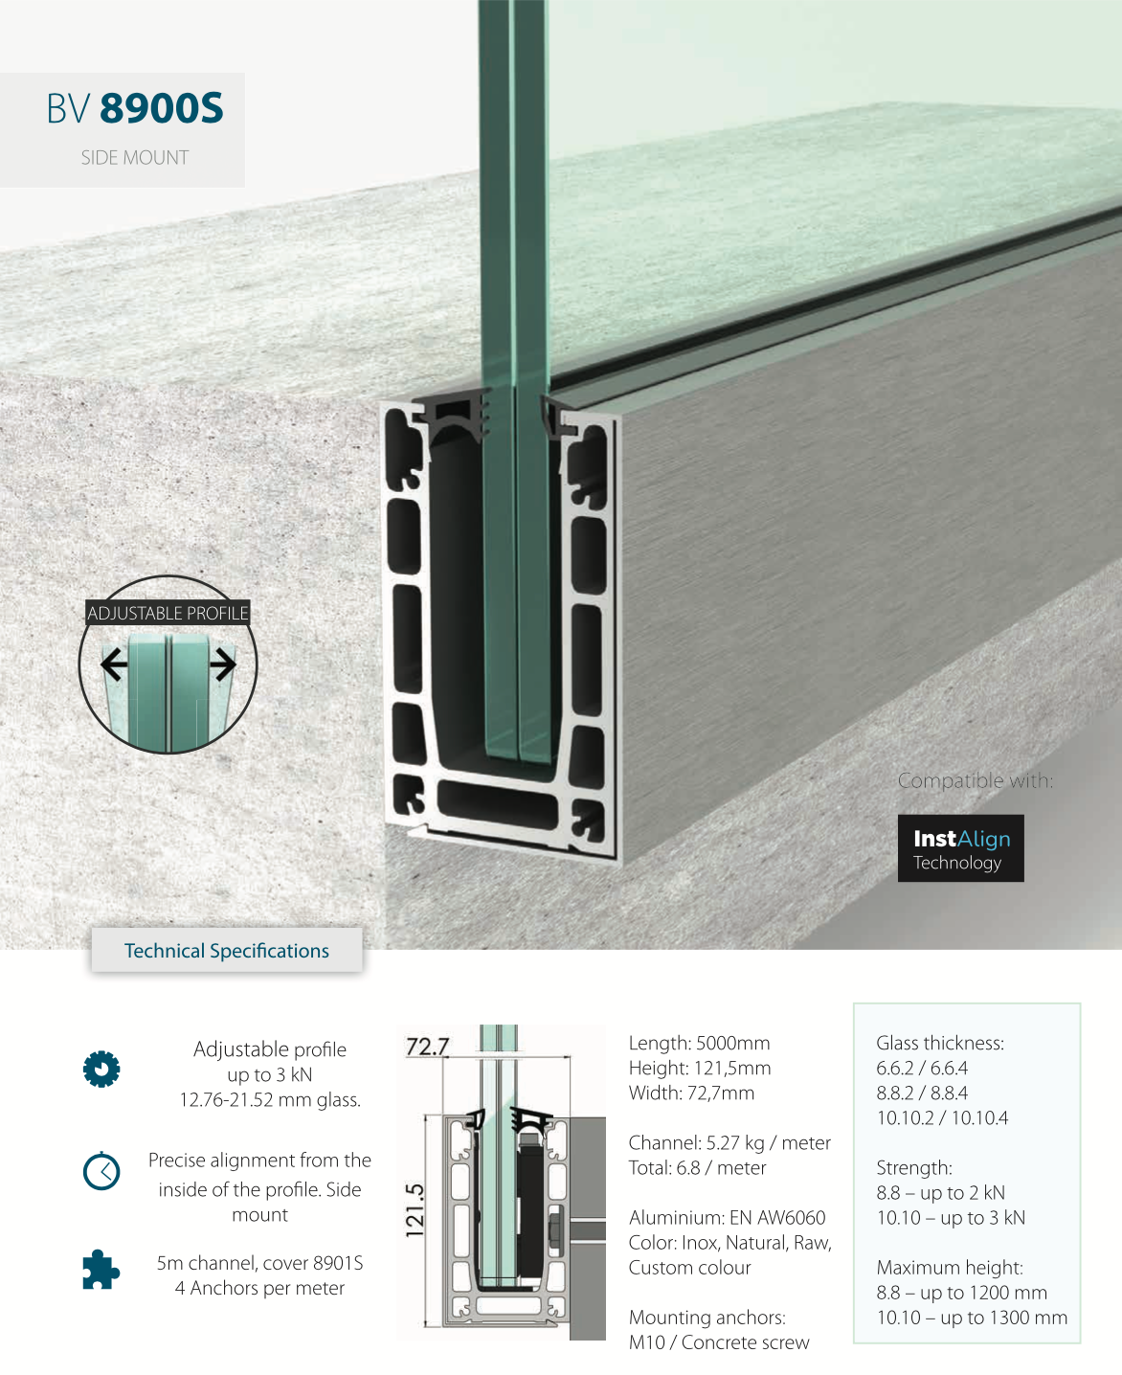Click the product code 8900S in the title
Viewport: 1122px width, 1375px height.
(161, 107)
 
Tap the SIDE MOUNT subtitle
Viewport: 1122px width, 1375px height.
(135, 158)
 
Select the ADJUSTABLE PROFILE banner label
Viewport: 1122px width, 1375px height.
(168, 613)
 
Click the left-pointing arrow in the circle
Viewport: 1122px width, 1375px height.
(115, 665)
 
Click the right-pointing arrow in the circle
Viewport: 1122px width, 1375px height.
(222, 665)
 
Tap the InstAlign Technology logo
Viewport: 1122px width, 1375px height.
(960, 848)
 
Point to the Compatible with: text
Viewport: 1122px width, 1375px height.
(976, 780)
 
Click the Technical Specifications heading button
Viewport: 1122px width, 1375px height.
(227, 951)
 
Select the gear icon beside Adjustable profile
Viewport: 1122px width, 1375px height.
(101, 1070)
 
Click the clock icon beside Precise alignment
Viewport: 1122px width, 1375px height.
(101, 1172)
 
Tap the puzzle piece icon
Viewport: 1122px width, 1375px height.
(101, 1270)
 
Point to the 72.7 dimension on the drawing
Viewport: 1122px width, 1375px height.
(428, 1048)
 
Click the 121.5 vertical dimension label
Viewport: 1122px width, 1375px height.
(415, 1210)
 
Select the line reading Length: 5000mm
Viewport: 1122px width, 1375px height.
(700, 1043)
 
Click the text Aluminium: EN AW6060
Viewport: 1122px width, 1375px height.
(727, 1217)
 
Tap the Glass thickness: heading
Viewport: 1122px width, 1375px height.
(940, 1043)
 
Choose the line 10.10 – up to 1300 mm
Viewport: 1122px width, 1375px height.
(972, 1318)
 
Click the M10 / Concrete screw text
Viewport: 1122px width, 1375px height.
(719, 1342)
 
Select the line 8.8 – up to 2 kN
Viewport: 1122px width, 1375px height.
(941, 1192)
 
